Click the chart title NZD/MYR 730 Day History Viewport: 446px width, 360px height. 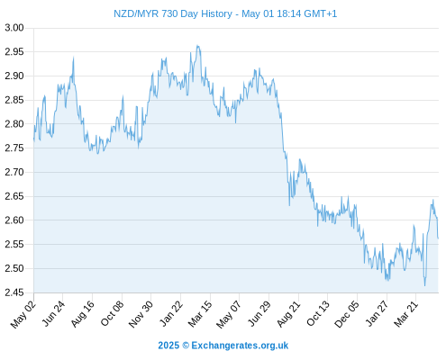pyautogui.click(x=173, y=13)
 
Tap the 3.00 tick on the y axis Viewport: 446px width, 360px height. pyautogui.click(x=14, y=28)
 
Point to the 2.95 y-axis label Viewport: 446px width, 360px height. pyautogui.click(x=14, y=52)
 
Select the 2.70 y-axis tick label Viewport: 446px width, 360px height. pyautogui.click(x=14, y=172)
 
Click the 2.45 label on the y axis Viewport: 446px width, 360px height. pyautogui.click(x=14, y=292)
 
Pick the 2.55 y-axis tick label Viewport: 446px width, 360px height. pyautogui.click(x=14, y=245)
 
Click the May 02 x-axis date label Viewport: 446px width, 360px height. pyautogui.click(x=23, y=314)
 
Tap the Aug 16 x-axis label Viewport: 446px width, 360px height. pyautogui.click(x=82, y=314)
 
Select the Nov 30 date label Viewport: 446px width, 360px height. pyautogui.click(x=141, y=314)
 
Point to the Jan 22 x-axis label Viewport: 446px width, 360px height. pyautogui.click(x=171, y=314)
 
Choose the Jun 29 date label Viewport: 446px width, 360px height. pyautogui.click(x=259, y=314)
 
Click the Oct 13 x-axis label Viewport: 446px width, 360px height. pyautogui.click(x=318, y=314)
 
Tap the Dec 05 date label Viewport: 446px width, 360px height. pyautogui.click(x=347, y=314)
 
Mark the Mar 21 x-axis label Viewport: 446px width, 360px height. pyautogui.click(x=406, y=314)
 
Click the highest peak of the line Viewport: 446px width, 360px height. pyautogui.click(x=197, y=46)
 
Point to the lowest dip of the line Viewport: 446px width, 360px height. pyautogui.click(x=424, y=285)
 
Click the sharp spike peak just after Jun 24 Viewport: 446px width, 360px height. pyautogui.click(x=73, y=57)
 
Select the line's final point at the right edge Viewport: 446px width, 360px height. pyautogui.click(x=438, y=238)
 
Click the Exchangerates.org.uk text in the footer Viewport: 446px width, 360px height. pyautogui.click(x=240, y=346)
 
